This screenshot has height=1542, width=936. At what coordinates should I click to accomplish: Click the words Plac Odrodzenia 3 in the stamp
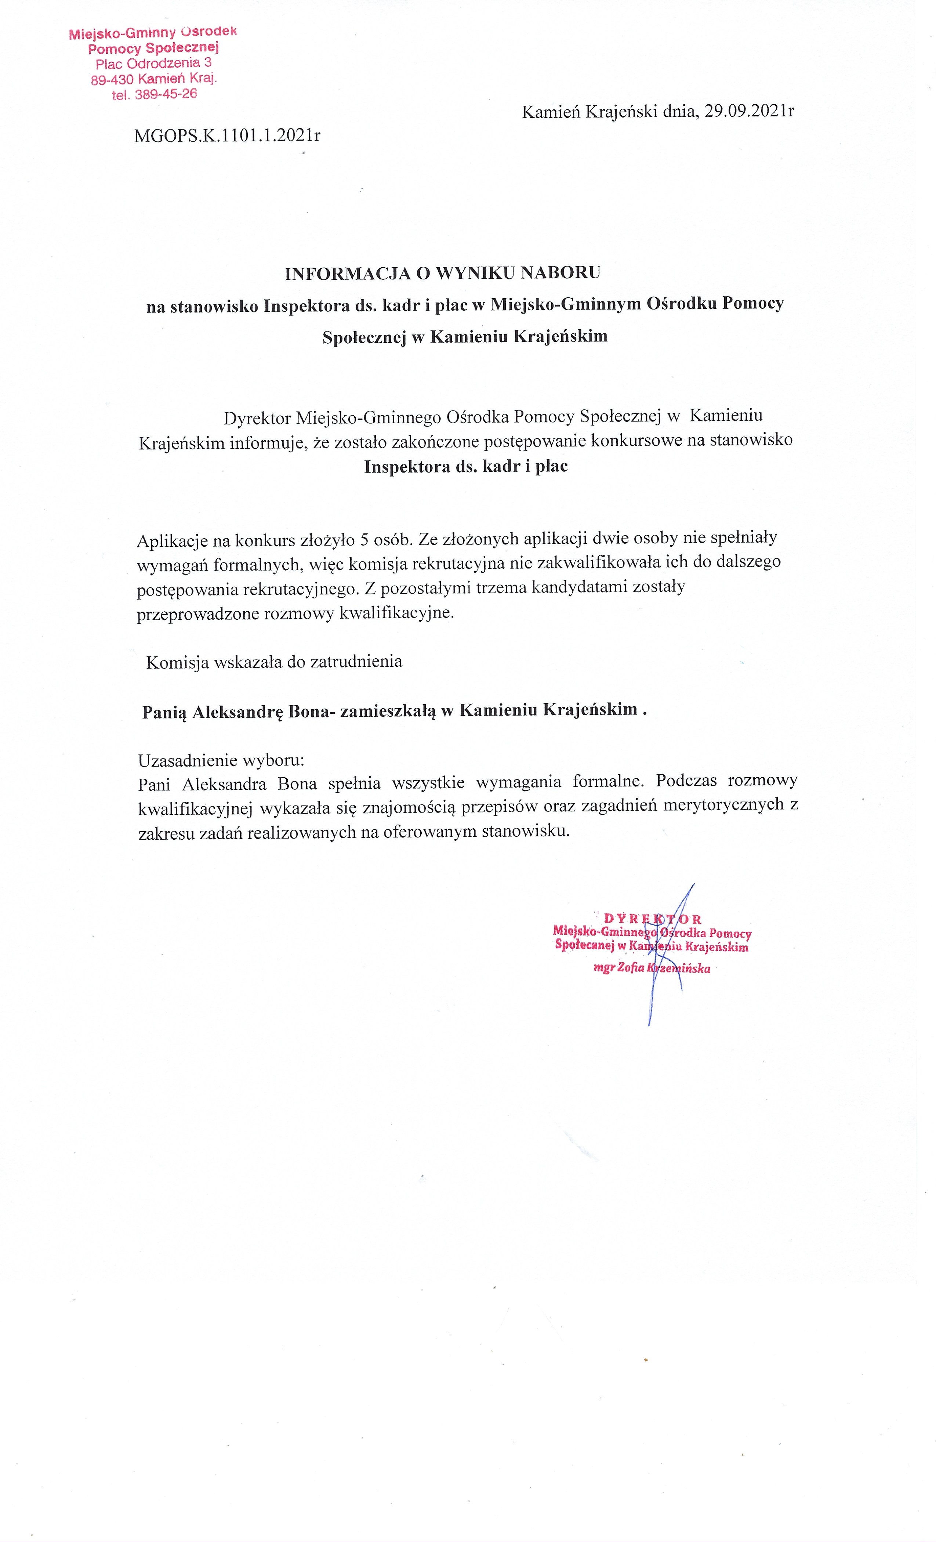coord(153,64)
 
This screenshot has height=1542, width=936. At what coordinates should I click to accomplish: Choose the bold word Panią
coord(164,712)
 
